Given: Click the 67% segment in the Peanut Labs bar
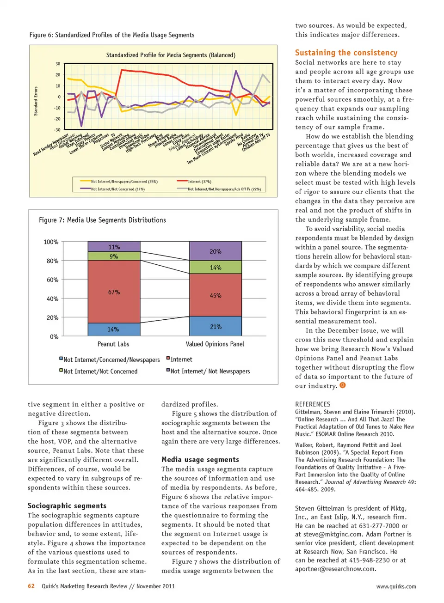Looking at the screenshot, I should click(114, 292).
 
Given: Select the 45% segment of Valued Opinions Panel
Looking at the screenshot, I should click(216, 295).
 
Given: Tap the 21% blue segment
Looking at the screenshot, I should click(216, 326).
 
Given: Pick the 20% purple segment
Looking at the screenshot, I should click(216, 251).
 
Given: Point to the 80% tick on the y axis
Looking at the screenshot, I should click(52, 261).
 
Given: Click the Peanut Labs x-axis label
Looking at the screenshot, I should click(113, 344).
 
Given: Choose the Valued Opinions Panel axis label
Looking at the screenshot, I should click(215, 344).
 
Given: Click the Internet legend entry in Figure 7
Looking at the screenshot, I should click(181, 359).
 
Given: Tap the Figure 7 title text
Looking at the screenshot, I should click(102, 220).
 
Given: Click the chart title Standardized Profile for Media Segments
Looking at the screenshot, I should click(171, 55).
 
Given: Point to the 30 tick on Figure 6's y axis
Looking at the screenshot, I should click(58, 64).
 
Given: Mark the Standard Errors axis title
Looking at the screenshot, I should click(36, 101).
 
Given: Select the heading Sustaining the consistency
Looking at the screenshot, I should click(346, 53).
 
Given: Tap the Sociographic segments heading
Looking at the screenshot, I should click(67, 506).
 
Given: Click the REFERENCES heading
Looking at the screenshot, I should click(313, 404).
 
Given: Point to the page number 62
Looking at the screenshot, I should click(31, 586).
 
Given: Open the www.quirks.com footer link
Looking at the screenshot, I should click(396, 586).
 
